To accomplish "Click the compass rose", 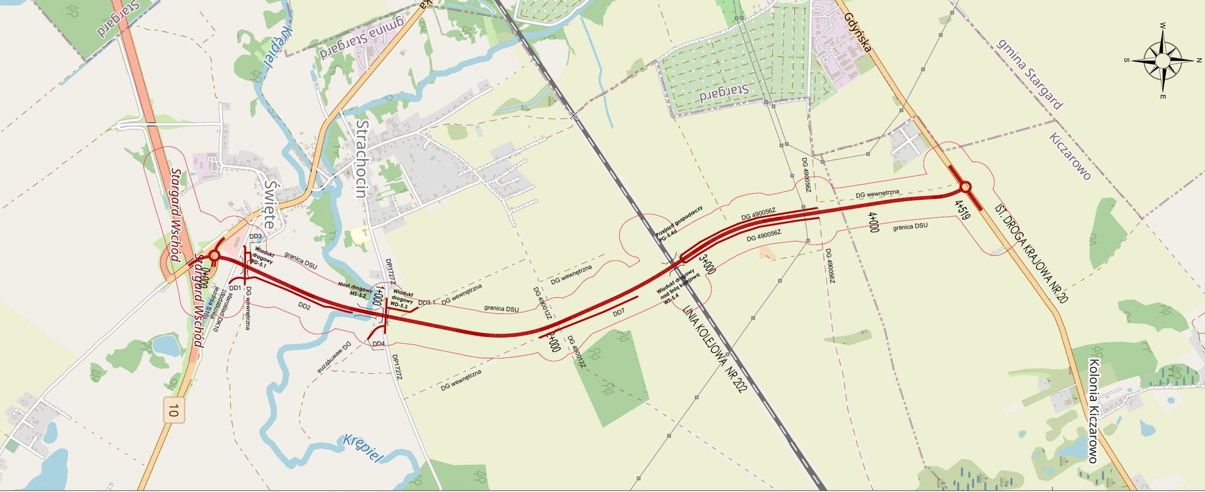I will point(1162,60).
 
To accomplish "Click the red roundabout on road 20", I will point(965,188).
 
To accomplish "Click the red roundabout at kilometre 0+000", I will point(214,256).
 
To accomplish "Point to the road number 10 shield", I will point(171,409).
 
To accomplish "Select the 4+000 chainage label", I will point(873,222).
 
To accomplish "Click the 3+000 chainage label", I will point(707,265).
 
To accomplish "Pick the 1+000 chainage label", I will point(379,299).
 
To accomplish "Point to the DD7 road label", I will point(618,313).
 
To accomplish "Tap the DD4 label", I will point(379,344).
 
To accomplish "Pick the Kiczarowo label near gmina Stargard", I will point(1070,156).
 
